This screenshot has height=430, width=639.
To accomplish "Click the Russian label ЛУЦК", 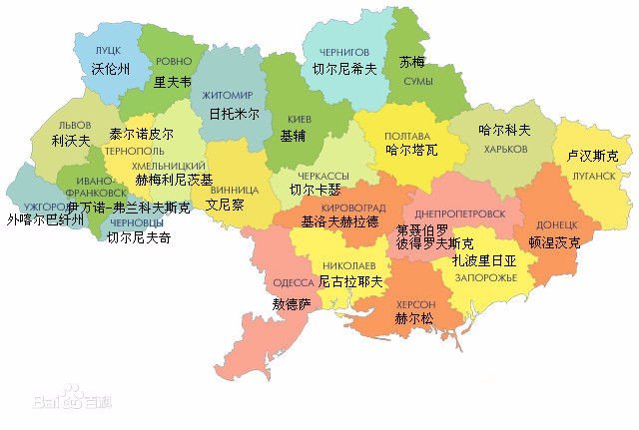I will (108, 49).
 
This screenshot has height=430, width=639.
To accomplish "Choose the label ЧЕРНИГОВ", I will (345, 51).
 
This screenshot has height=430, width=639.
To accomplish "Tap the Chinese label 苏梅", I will (411, 61).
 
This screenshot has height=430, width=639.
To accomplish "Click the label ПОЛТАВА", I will (407, 136).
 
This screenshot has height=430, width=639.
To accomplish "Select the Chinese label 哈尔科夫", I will (504, 130).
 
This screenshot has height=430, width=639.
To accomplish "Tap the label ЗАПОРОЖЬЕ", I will (484, 276).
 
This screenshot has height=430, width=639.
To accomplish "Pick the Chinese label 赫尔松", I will (413, 320).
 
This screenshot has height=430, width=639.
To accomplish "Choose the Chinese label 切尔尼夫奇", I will (139, 238).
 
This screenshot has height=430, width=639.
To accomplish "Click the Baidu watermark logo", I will (59, 401).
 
